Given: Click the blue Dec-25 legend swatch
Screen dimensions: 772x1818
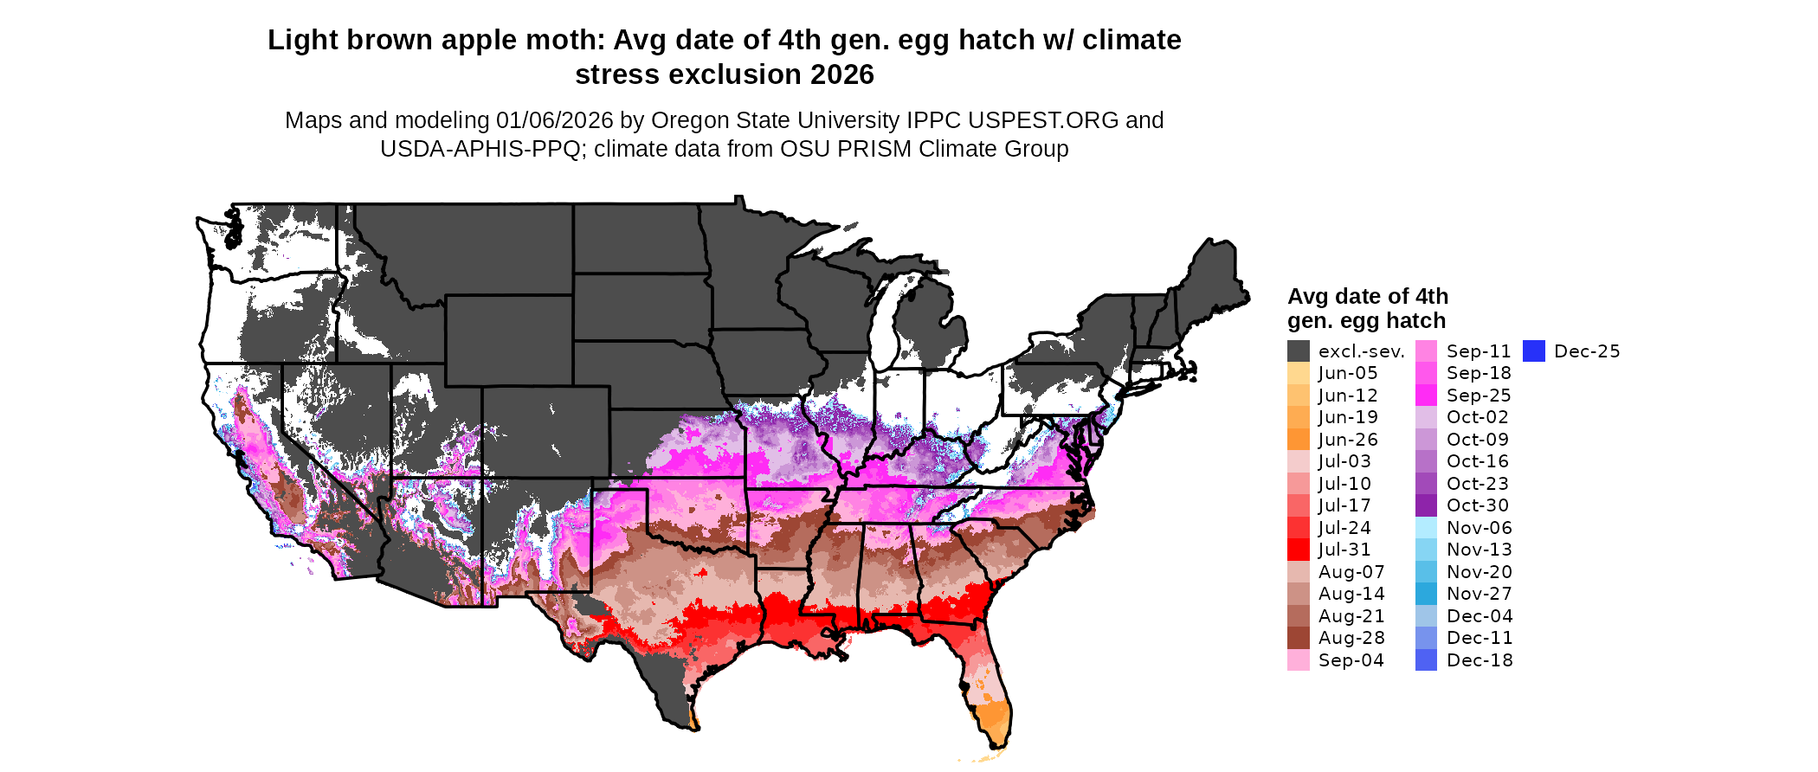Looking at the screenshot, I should point(1533,351).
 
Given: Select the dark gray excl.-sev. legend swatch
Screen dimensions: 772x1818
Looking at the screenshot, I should point(1298,351).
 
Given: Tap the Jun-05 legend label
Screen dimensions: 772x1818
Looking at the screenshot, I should point(1347,373).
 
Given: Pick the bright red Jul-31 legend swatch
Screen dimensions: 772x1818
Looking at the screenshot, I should point(1298,550).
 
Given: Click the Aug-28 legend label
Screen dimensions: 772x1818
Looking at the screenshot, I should point(1351,638).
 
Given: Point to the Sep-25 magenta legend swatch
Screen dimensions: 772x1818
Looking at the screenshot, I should point(1426,396).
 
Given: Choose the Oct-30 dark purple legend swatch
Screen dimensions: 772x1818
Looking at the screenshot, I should point(1426,505).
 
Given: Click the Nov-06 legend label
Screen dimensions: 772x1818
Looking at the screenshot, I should point(1479,528).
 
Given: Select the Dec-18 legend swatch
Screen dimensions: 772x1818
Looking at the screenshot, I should point(1426,659).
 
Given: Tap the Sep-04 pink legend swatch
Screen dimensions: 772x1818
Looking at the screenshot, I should point(1298,659).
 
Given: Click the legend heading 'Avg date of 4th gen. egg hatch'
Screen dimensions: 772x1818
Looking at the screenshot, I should point(1367,308).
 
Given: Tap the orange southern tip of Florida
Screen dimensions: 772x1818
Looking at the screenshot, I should point(996,723).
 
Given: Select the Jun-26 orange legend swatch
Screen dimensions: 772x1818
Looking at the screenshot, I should point(1298,440).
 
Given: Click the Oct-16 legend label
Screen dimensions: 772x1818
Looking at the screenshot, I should point(1477,461).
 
